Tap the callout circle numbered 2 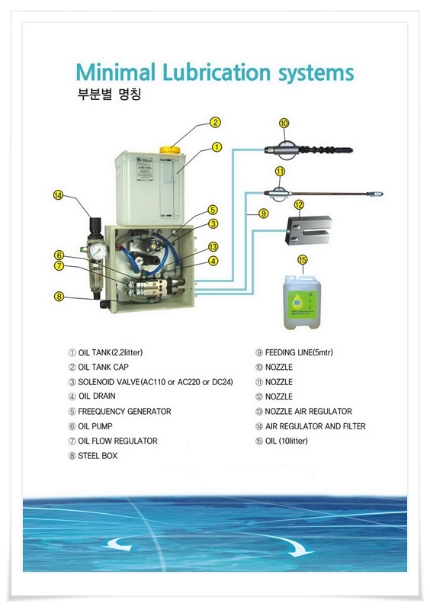[216, 122]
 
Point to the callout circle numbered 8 [58, 296]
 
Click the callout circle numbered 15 [302, 260]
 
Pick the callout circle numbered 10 [284, 122]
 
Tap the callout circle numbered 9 [262, 214]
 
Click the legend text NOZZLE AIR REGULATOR [303, 412]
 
